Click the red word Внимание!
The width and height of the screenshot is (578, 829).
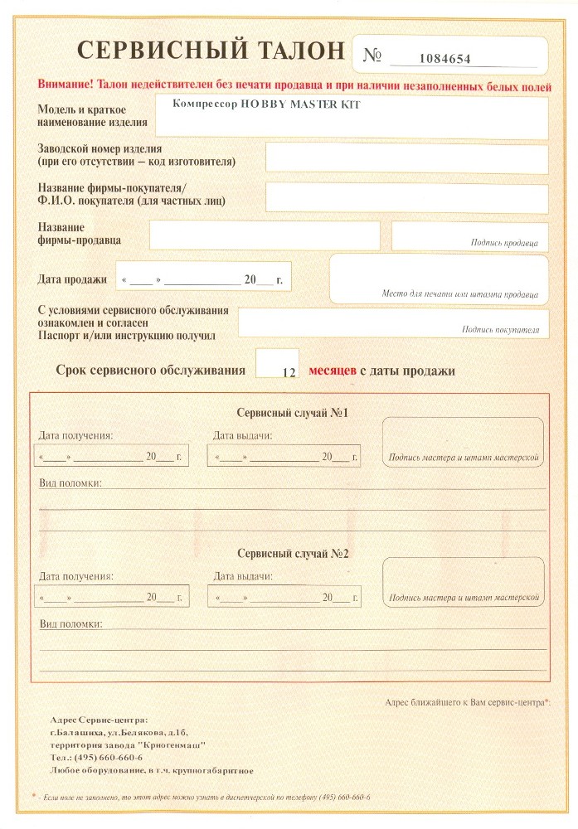coord(66,85)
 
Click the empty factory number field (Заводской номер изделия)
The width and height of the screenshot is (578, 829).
coord(406,158)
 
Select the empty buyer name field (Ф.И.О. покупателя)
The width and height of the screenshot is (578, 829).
coord(406,198)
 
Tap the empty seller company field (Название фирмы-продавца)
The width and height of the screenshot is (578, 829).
coord(265,235)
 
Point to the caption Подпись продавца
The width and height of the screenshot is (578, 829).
coord(504,244)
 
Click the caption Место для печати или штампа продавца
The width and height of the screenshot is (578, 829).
coord(459,294)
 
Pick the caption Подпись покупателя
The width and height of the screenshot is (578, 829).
coord(500,330)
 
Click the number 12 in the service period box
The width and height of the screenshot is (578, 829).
coord(289,373)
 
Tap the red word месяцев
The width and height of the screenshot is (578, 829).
coord(333,371)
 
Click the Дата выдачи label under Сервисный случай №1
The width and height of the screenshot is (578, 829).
coord(242,435)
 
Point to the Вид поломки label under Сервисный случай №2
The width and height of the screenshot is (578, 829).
coord(70,623)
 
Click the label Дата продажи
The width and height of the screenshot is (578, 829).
coord(72,279)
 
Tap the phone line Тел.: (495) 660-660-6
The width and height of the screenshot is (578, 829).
coord(96,758)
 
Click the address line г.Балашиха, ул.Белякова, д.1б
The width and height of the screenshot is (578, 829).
coord(119,733)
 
